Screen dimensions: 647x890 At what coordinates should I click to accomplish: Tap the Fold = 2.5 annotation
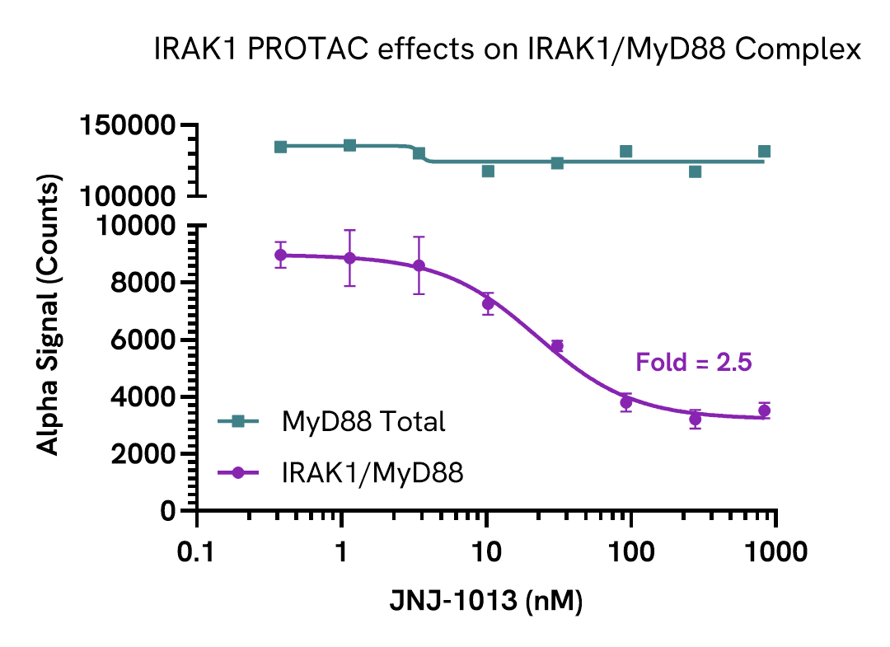click(x=693, y=363)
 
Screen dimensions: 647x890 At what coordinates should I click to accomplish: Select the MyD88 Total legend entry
click(x=363, y=422)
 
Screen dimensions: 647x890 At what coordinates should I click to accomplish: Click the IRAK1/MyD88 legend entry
click(x=372, y=472)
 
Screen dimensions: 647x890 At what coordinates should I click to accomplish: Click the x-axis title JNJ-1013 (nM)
click(x=486, y=602)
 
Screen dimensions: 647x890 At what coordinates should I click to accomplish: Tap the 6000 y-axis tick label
click(x=138, y=340)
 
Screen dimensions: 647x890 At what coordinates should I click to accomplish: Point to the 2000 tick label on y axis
click(x=138, y=454)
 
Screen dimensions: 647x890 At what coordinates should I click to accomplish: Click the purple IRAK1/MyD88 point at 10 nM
click(x=488, y=303)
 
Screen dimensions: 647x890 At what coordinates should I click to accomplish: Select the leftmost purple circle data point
click(x=281, y=255)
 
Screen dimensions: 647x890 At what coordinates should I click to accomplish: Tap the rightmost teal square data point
click(x=764, y=151)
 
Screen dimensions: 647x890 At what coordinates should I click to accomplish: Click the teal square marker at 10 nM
click(x=488, y=171)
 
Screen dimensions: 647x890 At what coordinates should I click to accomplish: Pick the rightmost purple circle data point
click(x=764, y=410)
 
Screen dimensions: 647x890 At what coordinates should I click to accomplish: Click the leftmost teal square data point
click(x=281, y=147)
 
